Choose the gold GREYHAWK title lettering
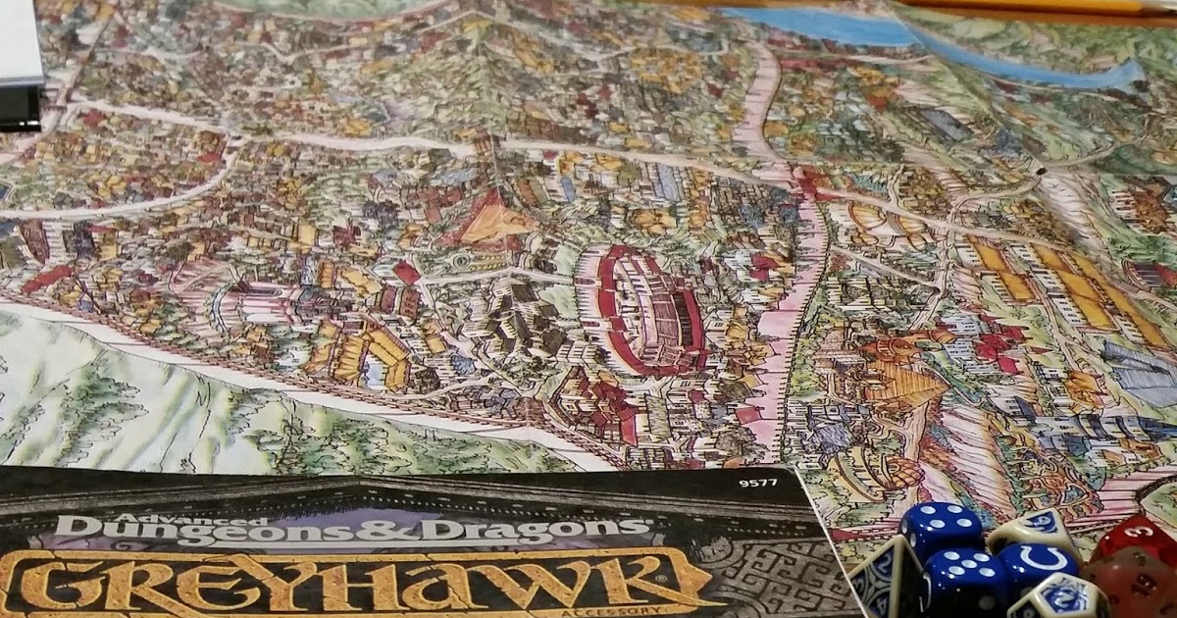353,584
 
